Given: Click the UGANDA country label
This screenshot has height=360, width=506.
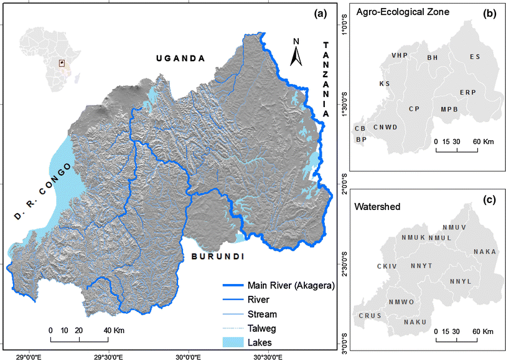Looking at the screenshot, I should [180, 58].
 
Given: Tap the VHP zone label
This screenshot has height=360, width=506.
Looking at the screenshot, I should [399, 55].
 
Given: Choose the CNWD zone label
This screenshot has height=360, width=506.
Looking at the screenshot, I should [385, 128].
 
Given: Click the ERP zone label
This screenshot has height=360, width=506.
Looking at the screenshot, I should [467, 92].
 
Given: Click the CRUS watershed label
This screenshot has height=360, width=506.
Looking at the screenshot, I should [368, 316].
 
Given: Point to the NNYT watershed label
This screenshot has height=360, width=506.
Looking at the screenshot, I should [421, 266].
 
